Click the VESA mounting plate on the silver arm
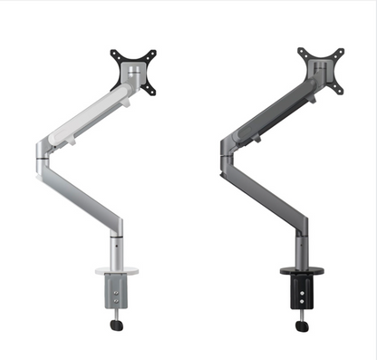coord(134,69)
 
